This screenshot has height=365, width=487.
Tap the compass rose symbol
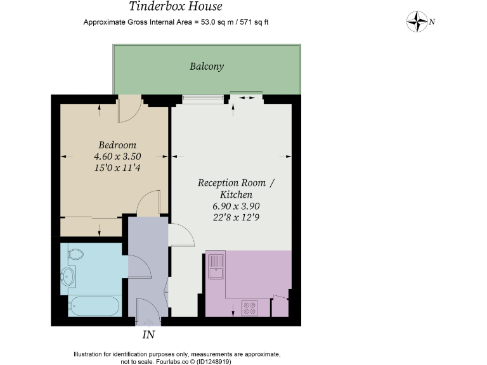[417, 22]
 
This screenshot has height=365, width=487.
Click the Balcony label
[207, 66]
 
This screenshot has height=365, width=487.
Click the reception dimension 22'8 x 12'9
[236, 217]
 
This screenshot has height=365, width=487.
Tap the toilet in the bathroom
[75, 255]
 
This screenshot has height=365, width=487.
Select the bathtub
[94, 307]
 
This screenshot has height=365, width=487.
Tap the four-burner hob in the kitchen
[249, 307]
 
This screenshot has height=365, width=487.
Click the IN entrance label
[148, 334]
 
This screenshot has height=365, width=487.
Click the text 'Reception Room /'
[236, 183]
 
